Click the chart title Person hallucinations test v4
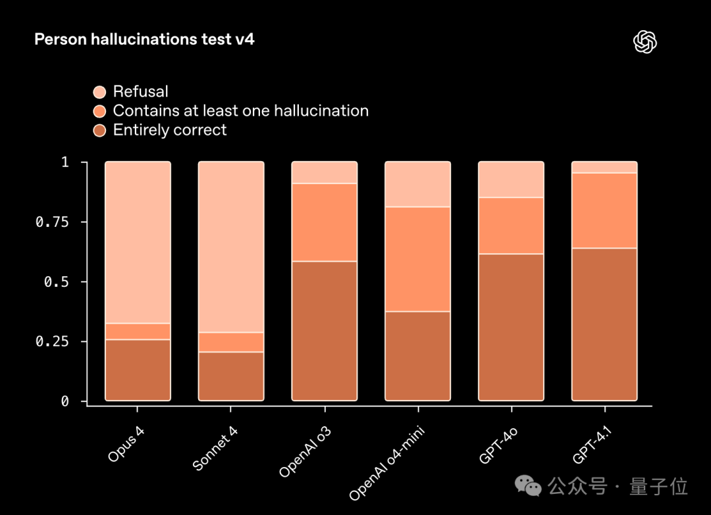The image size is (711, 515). pyautogui.click(x=144, y=40)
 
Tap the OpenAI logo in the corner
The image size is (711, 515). pyautogui.click(x=646, y=42)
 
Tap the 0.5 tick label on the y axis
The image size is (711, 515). pyautogui.click(x=55, y=282)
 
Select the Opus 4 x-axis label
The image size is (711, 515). pyautogui.click(x=126, y=438)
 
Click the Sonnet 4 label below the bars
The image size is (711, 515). pyautogui.click(x=215, y=448)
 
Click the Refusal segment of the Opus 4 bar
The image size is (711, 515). pyautogui.click(x=138, y=242)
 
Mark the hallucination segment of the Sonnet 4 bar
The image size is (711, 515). pyautogui.click(x=231, y=342)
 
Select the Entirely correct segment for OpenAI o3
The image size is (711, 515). pyautogui.click(x=325, y=331)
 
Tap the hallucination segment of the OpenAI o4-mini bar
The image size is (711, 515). pyautogui.click(x=418, y=259)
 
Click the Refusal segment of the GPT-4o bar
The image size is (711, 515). pyautogui.click(x=512, y=180)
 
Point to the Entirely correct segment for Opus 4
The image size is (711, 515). pyautogui.click(x=138, y=370)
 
